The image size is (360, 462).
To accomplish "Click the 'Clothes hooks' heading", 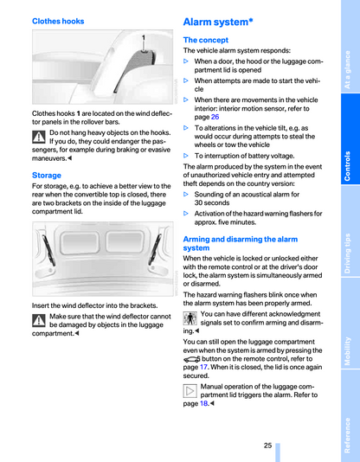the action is (58, 22).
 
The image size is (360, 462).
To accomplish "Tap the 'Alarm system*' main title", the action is (218, 22).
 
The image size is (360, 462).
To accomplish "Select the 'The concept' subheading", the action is (206, 40).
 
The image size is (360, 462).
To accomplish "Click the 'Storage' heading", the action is (47, 176).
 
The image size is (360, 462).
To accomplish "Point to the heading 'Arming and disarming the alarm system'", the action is (241, 243).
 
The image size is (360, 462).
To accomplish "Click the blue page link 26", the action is (215, 117).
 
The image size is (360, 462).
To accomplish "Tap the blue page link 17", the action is (203, 367).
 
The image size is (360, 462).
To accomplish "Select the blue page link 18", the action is (204, 403).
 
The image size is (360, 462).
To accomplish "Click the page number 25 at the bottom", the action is (267, 446).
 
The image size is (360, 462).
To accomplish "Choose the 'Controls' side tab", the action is (350, 138).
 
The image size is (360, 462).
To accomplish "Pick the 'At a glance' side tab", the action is (350, 47).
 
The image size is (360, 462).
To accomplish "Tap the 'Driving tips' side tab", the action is (350, 231).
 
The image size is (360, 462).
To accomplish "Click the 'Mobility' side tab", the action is (350, 323).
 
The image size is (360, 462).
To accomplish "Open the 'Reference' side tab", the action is (350, 415).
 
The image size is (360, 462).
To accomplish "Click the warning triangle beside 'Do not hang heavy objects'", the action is (39, 137).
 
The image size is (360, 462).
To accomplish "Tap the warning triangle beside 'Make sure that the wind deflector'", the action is (39, 321).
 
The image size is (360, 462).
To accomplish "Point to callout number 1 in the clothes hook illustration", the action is (144, 38).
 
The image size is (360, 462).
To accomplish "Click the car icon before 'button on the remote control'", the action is (191, 359).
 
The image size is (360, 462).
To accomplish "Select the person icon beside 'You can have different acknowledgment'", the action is (190, 318).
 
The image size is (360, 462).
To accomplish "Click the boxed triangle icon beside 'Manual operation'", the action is (190, 391).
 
